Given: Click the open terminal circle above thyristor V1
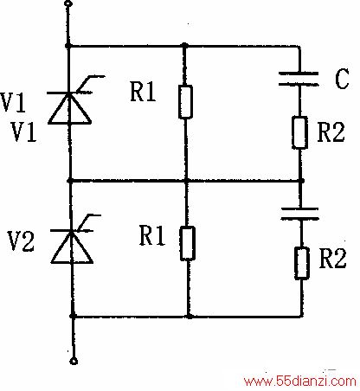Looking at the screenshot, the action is (x=68, y=3).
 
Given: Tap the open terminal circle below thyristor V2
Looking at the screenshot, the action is (x=74, y=362).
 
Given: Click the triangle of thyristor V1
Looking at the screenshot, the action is (x=69, y=108).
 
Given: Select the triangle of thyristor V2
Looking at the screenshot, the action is (x=72, y=247).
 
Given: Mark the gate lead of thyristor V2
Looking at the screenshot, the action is (x=88, y=222).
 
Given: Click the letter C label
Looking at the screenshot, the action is (x=342, y=78).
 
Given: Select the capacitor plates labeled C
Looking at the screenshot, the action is (x=299, y=79).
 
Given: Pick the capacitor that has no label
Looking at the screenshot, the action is (x=300, y=214).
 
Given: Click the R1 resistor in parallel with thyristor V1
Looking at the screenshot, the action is (x=185, y=102).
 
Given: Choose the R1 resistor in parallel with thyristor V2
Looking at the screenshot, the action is (x=188, y=244).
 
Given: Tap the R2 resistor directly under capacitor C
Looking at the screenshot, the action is (x=299, y=132).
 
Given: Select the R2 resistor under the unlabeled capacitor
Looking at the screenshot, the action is (x=302, y=263).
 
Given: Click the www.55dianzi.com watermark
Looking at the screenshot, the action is (x=300, y=381).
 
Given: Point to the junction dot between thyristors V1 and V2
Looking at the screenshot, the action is (x=69, y=181).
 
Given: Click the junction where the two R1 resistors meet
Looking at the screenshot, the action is (x=187, y=181).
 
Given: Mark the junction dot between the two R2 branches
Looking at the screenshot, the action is (x=301, y=181).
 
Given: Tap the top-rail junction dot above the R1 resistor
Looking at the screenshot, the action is (x=185, y=46).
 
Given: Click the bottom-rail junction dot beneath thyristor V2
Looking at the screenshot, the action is (x=73, y=316).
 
